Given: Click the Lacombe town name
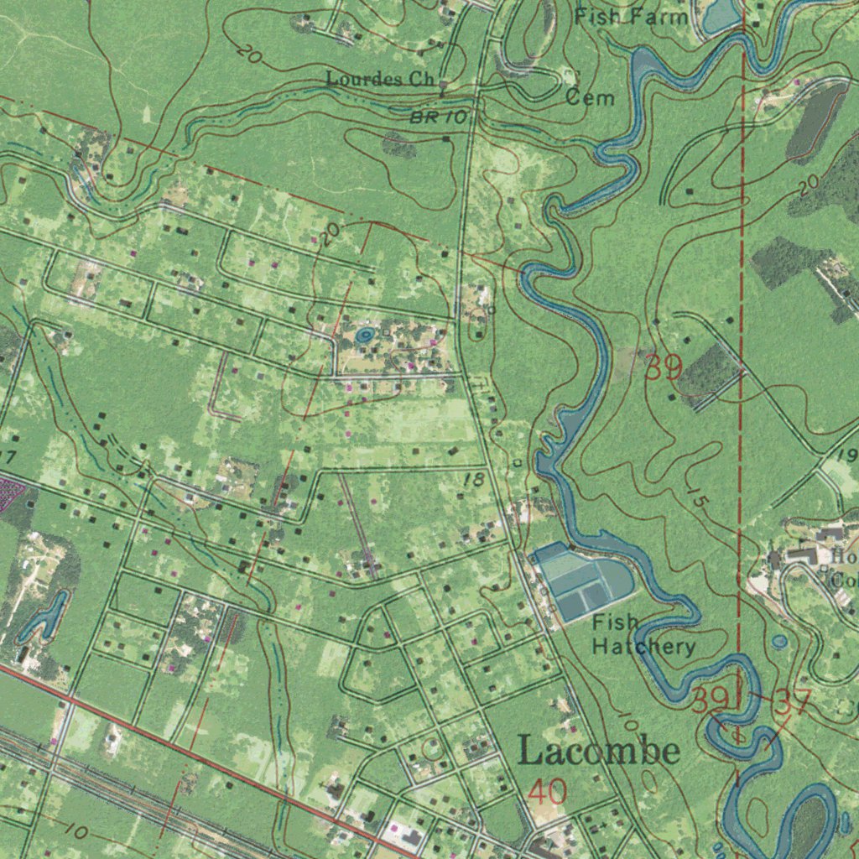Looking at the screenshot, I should coord(598,750).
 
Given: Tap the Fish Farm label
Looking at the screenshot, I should coord(632,16).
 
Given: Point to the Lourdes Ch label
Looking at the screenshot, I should coord(377,80).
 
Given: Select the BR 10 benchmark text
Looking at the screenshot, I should coord(439,118).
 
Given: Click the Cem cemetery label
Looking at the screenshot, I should coord(590,98).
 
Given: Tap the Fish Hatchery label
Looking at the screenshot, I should coord(643,634).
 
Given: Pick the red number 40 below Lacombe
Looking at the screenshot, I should coord(549,792).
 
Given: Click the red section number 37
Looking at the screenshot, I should coord(792,703).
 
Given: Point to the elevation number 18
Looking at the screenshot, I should coord(473,480).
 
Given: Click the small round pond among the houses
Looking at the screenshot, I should coord(364,336).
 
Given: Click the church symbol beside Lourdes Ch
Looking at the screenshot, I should coord(442,84).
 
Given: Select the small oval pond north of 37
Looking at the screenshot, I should coord(779,642).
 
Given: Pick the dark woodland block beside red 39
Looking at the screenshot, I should coord(709,369).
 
